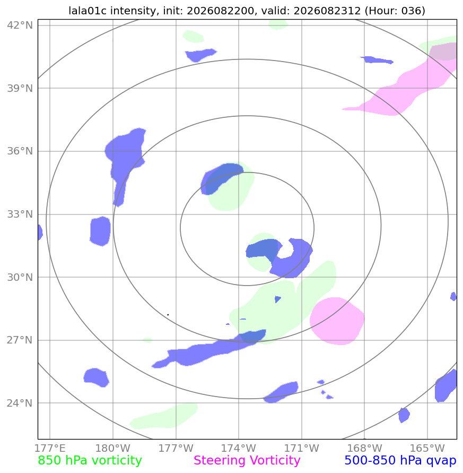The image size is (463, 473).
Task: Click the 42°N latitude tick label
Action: pos(20,25)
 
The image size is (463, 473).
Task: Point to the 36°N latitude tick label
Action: pos(20,151)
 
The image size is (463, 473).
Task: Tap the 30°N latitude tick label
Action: pos(20,277)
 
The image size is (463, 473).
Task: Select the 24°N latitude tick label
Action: pos(20,403)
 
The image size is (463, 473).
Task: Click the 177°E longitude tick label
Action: pos(50,448)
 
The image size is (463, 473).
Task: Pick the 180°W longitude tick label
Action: pos(113,448)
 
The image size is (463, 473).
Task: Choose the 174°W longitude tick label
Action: pos(239,448)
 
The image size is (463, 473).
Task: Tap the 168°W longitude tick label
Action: pos(364,448)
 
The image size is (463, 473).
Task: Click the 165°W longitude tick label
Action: pos(427,448)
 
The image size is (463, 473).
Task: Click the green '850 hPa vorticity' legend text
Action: pos(90,461)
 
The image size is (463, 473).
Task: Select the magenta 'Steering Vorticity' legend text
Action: pos(247,461)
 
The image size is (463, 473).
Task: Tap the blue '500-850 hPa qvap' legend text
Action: pos(400,461)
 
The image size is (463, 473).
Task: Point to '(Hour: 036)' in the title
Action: pos(395,11)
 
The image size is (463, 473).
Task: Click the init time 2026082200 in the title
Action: pos(220,11)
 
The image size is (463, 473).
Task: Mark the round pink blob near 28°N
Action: pos(337,321)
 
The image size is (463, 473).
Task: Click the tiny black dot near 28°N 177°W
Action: pos(168,315)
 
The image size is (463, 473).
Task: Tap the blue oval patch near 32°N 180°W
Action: pos(100,231)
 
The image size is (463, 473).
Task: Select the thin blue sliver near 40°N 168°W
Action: pos(377,60)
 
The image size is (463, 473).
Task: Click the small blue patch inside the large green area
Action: pos(277,299)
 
